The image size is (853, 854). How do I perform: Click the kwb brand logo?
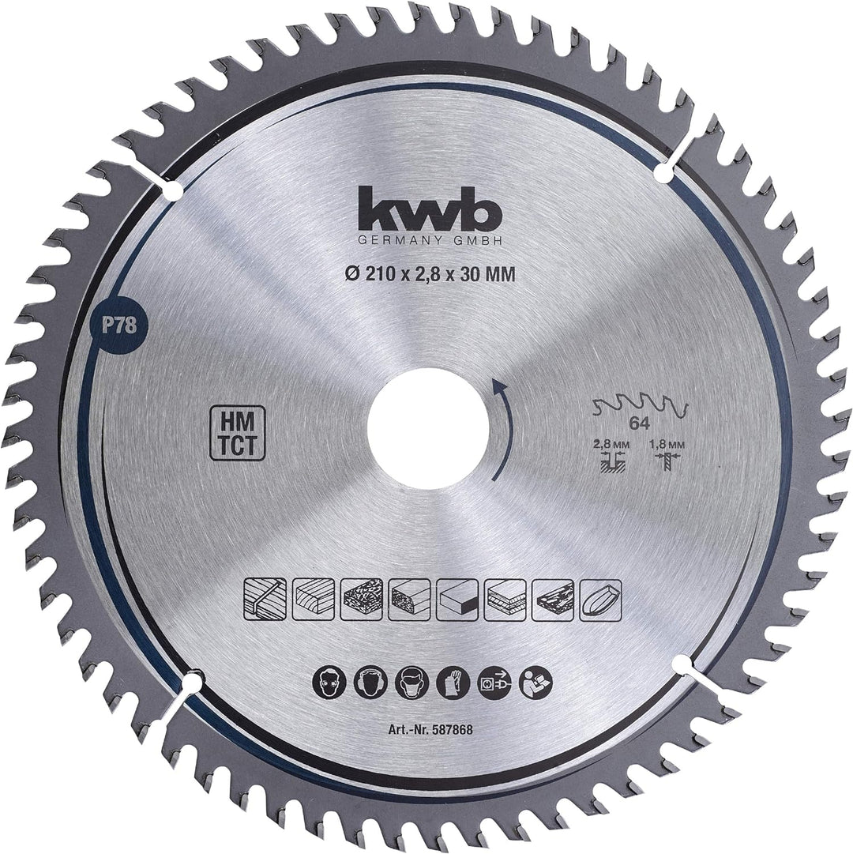coord(428,209)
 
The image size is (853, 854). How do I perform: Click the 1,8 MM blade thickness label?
coord(665,445)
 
